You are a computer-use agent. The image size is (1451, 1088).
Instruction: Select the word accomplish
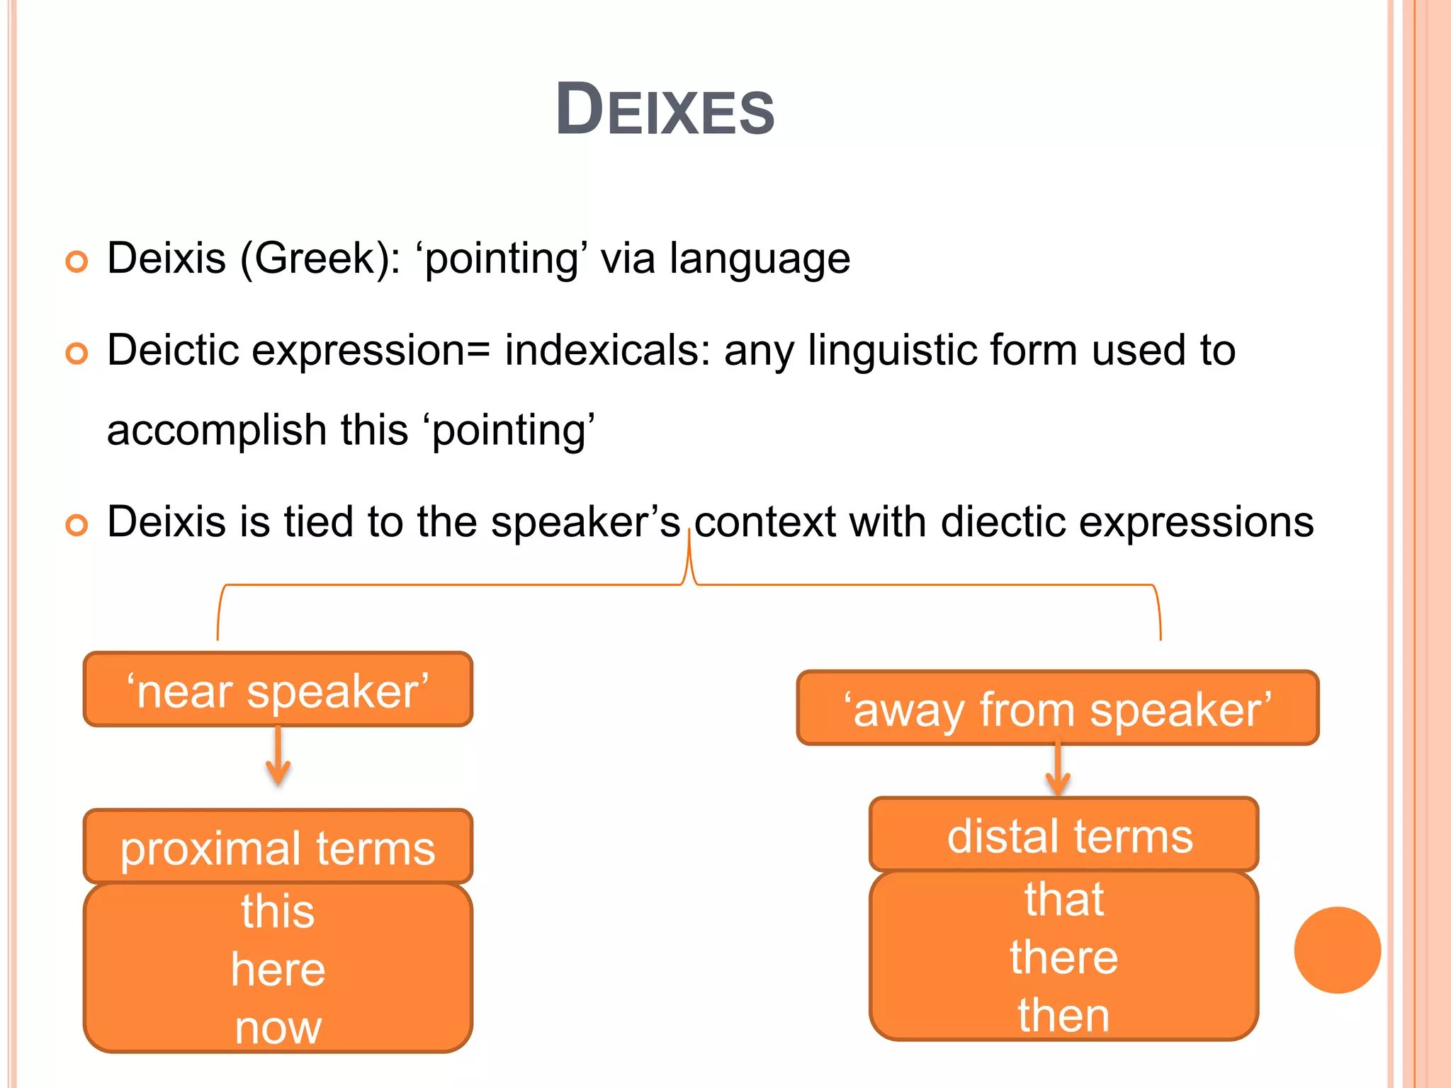tap(216, 431)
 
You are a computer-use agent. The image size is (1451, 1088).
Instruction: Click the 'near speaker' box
tap(278, 690)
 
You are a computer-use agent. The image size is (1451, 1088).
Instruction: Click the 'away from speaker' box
tap(1057, 708)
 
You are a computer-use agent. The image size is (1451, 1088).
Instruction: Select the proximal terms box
tap(278, 847)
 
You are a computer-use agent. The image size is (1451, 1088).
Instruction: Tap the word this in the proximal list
tap(278, 911)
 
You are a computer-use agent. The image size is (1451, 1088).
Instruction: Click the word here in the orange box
tap(278, 970)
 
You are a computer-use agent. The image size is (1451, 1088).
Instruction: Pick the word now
tap(278, 1028)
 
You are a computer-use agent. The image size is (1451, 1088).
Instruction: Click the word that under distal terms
tap(1063, 900)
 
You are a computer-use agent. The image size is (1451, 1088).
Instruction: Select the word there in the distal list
tap(1063, 958)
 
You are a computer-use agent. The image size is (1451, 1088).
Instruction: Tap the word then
tap(1063, 1016)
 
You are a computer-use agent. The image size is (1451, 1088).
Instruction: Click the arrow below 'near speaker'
tap(278, 756)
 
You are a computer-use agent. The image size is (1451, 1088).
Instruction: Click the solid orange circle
tap(1337, 950)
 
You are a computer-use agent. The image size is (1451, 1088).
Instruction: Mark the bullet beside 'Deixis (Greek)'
tap(77, 261)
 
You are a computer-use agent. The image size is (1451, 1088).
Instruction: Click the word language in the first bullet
tap(760, 259)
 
